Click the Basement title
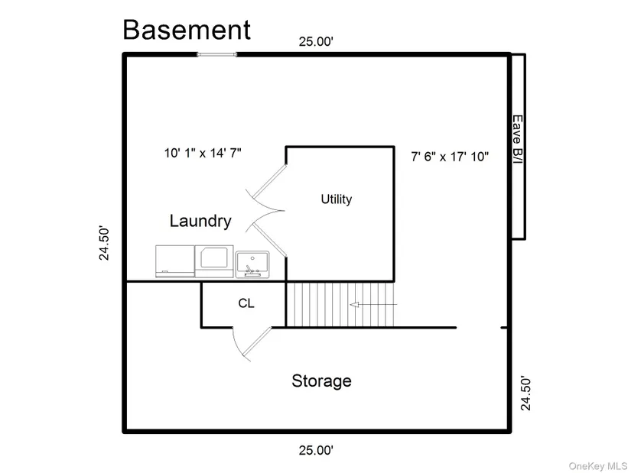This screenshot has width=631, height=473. (187, 29)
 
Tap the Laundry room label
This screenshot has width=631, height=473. (200, 221)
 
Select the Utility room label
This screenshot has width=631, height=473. (337, 199)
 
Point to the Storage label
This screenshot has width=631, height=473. (321, 381)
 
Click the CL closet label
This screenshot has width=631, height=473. (246, 303)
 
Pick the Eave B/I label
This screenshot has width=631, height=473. (518, 139)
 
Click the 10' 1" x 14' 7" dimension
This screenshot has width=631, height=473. (203, 153)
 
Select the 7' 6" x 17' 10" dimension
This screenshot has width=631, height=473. (450, 156)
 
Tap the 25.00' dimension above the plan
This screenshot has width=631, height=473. (317, 41)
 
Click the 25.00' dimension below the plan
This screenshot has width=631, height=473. (317, 450)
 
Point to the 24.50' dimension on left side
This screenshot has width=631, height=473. (104, 243)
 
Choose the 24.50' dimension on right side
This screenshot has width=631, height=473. (526, 394)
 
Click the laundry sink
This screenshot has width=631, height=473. (252, 264)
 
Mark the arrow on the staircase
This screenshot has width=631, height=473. (373, 304)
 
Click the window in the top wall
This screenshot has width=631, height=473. (217, 54)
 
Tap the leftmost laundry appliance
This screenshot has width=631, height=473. (175, 261)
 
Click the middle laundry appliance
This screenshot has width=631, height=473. (214, 261)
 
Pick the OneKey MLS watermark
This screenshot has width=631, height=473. (597, 466)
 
